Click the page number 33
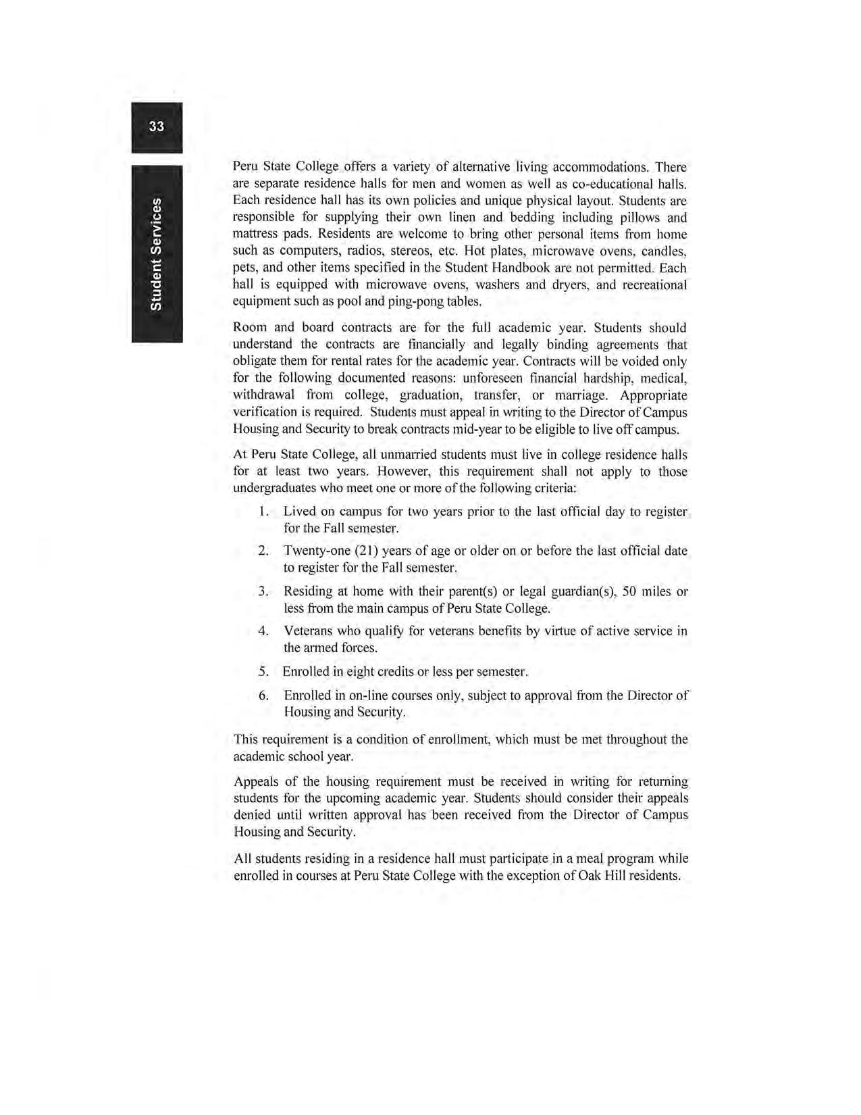point(157,127)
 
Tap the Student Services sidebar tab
point(156,254)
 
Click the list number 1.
point(263,512)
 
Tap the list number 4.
point(263,631)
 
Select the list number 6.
point(263,695)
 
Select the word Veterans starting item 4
point(309,631)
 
